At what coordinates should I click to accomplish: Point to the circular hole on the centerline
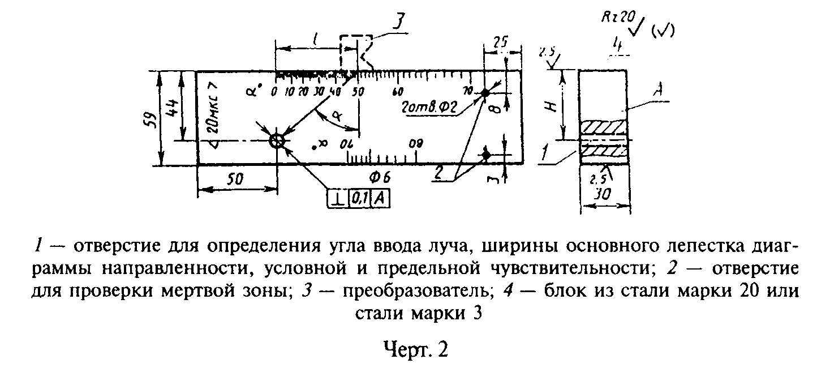[x=277, y=141]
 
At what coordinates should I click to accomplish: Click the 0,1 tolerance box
[x=359, y=199]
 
